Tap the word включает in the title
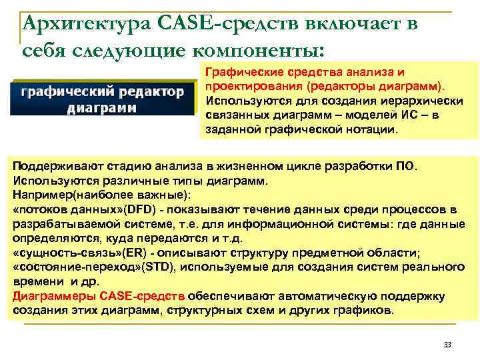[x=347, y=25]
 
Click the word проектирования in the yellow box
[x=249, y=87]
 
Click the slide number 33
[x=447, y=345]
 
